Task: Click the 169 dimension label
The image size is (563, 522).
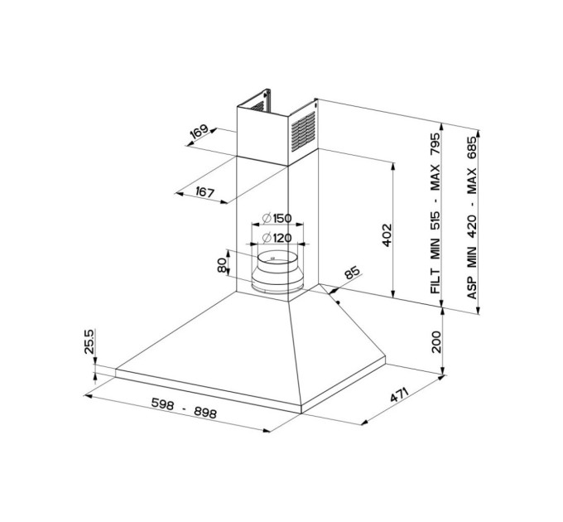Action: [x=200, y=132]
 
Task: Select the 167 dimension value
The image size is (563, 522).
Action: [x=205, y=192]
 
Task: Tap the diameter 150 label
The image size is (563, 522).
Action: [x=277, y=218]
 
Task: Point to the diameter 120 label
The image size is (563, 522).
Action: [x=277, y=238]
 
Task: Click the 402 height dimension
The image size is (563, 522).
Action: [x=387, y=235]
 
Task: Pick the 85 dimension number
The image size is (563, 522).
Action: [x=352, y=273]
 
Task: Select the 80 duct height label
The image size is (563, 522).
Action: [x=223, y=265]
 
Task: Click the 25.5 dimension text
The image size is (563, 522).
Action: [x=89, y=341]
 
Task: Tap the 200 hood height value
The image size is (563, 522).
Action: [x=435, y=341]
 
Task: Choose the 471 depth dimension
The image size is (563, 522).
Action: [x=399, y=395]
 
